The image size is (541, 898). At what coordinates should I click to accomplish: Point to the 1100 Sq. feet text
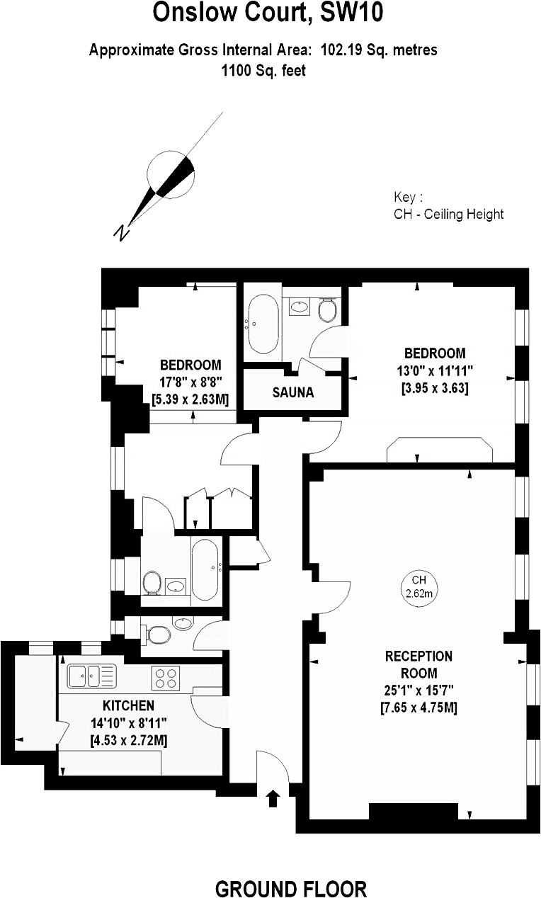[x=263, y=71]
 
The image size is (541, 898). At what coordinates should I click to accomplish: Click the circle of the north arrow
[x=171, y=175]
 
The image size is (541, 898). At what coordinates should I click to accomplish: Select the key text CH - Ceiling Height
[x=448, y=214]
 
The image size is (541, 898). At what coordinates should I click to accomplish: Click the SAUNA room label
[x=292, y=392]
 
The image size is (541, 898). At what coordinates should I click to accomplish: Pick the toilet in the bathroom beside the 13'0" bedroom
[x=328, y=309]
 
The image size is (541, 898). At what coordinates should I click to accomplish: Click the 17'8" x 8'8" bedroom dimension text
[x=190, y=382]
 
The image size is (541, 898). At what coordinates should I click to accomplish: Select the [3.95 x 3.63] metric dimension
[x=435, y=387]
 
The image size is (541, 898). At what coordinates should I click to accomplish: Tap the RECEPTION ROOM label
[x=418, y=664]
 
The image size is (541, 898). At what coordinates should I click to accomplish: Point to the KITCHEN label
[x=128, y=705]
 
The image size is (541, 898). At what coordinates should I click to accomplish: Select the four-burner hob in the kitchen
[x=166, y=678]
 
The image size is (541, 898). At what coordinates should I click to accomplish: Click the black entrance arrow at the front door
[x=273, y=799]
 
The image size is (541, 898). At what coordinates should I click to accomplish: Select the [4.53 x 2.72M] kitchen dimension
[x=128, y=740]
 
